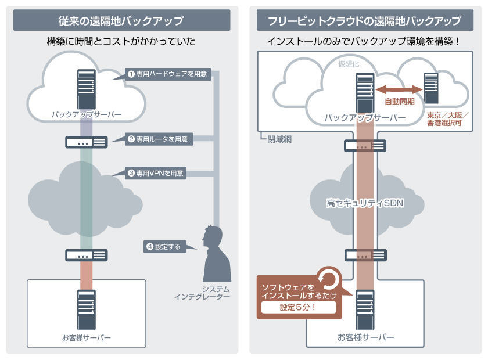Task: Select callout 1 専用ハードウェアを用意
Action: [167, 74]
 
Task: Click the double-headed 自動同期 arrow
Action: [399, 89]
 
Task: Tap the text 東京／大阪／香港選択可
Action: [447, 119]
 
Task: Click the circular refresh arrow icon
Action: [329, 279]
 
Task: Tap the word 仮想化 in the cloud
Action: [349, 64]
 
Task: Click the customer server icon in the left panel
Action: [86, 309]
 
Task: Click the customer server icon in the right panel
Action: [365, 309]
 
